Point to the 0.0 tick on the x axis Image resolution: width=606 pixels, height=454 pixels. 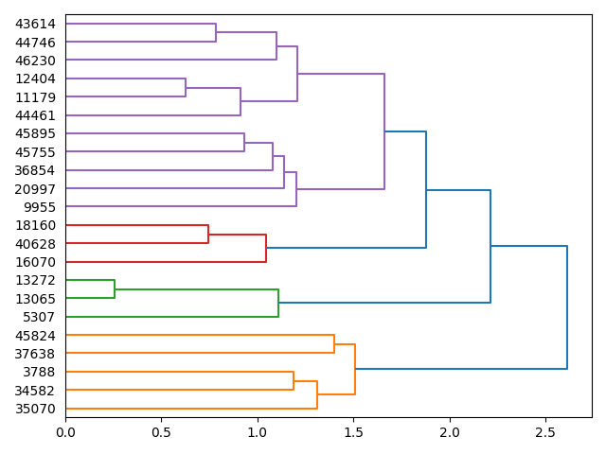tap(65, 432)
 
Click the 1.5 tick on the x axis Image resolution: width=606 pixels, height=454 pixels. tap(353, 432)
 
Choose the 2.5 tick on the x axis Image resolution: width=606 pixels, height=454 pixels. tap(545, 432)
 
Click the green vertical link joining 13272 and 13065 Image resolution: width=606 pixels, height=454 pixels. tap(115, 289)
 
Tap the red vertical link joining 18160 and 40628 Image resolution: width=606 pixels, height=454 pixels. tap(208, 235)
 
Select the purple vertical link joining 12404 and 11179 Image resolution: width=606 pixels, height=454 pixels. tap(186, 88)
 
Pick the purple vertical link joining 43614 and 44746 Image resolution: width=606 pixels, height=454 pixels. tap(216, 33)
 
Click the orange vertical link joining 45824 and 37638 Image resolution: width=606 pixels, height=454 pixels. tap(334, 344)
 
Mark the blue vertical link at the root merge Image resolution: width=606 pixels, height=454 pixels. tap(567, 307)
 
